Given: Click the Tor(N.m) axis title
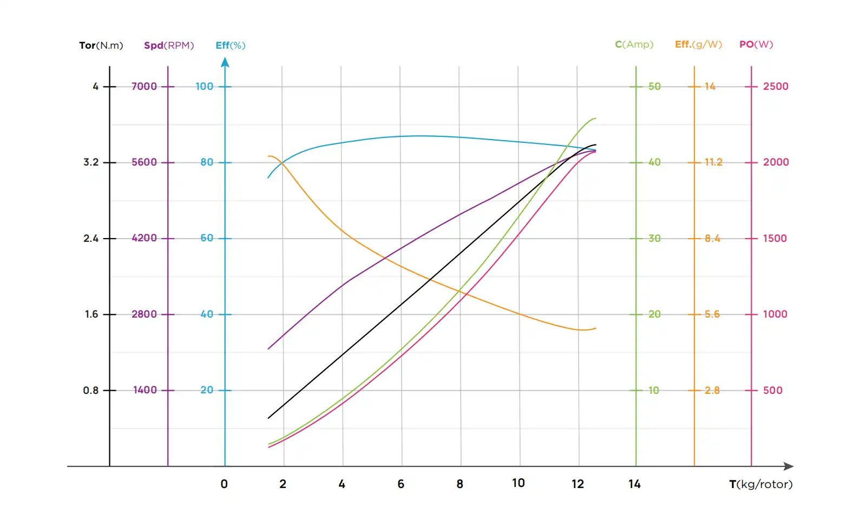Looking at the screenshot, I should [x=101, y=45].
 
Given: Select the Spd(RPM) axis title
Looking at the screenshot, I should [x=168, y=45].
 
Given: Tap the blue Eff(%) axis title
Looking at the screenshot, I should [x=230, y=45].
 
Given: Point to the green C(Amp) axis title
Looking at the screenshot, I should [x=634, y=44].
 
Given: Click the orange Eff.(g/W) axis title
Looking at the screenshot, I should [x=698, y=44].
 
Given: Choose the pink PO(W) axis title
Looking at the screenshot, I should [x=756, y=44].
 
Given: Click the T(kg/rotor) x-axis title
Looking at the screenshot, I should [x=760, y=484].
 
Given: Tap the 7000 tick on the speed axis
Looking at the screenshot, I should [x=144, y=87].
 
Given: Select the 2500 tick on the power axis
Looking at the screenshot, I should [x=775, y=87].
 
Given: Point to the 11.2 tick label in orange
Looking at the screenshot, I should [x=713, y=162].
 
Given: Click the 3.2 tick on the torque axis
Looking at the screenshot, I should [x=91, y=162].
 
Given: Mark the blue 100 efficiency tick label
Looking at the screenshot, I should [x=204, y=87].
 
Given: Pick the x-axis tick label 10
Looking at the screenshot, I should [x=518, y=483].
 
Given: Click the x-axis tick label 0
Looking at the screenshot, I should [x=224, y=484].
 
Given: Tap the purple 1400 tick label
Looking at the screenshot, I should [x=145, y=390].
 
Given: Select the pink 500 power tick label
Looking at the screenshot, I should [x=772, y=391].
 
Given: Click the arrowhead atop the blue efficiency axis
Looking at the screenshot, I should [x=225, y=62].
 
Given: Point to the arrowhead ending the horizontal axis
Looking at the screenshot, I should [x=789, y=466].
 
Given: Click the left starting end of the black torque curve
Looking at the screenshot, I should [x=268, y=418].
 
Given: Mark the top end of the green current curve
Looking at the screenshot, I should [x=595, y=118].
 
